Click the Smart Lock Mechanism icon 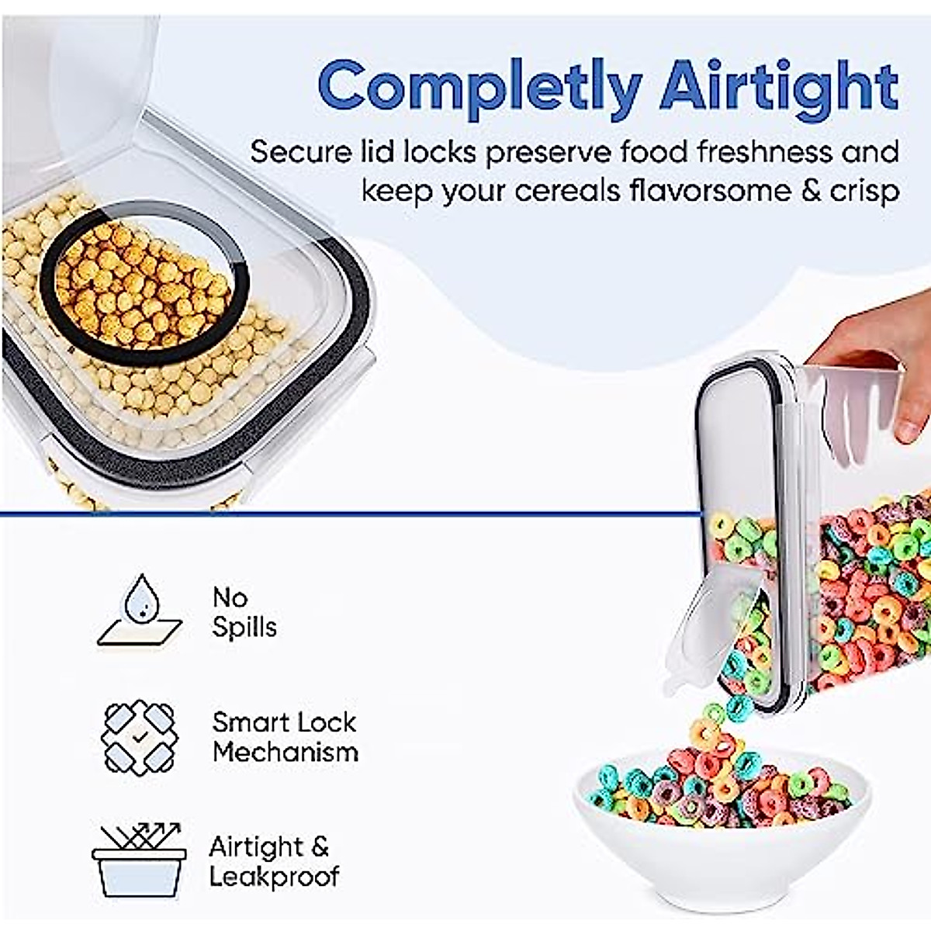(140, 737)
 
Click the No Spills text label (244, 612)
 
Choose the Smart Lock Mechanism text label (285, 737)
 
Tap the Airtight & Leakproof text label (273, 860)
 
